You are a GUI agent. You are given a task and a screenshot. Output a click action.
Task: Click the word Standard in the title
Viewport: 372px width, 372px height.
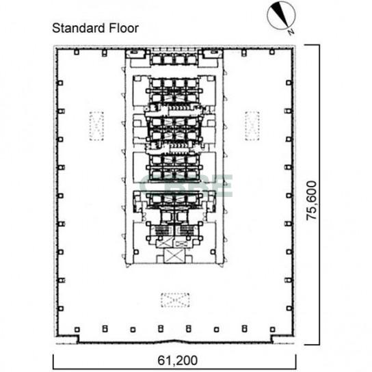click(79, 28)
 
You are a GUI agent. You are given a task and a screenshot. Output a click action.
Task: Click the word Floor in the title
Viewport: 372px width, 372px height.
click(124, 28)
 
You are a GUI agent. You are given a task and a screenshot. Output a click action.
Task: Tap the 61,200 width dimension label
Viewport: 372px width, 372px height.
click(178, 360)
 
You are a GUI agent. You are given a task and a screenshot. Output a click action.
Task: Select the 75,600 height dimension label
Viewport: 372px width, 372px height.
click(312, 200)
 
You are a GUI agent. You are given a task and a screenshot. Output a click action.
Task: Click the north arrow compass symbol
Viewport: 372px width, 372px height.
click(281, 16)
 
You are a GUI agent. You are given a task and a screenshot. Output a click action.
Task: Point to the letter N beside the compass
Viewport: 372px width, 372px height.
click(291, 31)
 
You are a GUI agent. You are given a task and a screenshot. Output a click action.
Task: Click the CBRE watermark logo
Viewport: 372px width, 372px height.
click(186, 186)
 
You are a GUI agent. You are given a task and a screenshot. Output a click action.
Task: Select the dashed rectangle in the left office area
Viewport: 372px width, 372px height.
click(96, 126)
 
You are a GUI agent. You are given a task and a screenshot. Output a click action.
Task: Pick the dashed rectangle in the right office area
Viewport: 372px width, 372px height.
click(252, 126)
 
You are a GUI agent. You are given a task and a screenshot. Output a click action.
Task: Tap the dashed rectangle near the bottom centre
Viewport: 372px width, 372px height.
click(175, 300)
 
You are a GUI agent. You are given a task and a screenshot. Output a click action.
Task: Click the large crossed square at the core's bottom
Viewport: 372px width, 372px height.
click(174, 256)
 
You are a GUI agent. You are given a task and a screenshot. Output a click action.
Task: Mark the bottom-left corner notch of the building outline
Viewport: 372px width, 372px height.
click(77, 340)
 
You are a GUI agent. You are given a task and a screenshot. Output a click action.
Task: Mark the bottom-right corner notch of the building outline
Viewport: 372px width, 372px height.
click(273, 340)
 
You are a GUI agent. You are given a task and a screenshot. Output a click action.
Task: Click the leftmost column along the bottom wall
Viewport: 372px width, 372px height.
click(77, 330)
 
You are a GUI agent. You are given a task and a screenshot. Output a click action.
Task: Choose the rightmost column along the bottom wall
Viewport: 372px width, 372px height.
click(273, 330)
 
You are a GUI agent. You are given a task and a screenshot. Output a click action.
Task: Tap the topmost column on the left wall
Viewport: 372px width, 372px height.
click(60, 83)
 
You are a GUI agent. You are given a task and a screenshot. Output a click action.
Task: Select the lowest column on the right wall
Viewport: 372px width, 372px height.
click(289, 308)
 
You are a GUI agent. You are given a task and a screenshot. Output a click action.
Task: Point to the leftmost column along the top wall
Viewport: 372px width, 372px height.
click(77, 52)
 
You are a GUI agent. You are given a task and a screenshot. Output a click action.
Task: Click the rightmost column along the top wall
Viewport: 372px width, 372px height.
click(272, 52)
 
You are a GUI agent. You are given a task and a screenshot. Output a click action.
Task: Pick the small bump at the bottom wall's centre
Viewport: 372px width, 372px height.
click(175, 341)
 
